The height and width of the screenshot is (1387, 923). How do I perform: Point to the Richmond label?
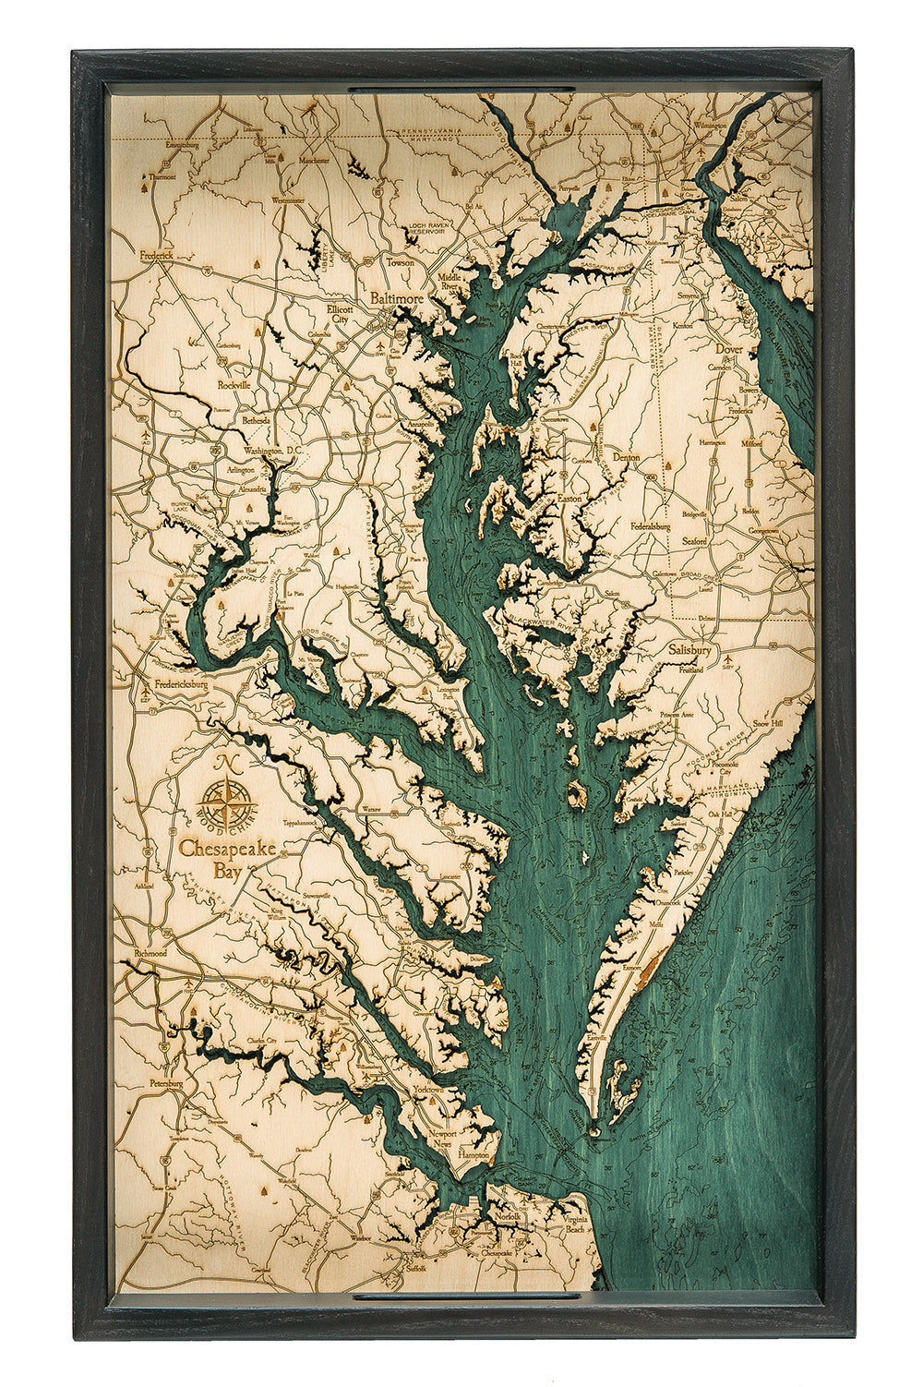(150, 952)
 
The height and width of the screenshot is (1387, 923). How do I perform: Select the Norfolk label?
(507, 1216)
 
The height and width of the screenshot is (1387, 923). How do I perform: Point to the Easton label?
(570, 498)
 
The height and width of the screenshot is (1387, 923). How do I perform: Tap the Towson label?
(401, 262)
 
